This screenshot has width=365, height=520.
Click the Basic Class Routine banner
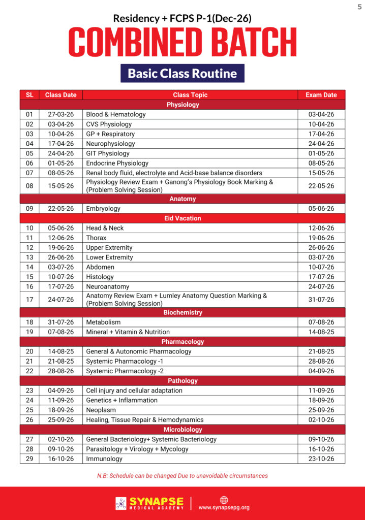(182, 73)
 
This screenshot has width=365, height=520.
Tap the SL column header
(29, 95)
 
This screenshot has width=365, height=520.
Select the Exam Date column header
(321, 95)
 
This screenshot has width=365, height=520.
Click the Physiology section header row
(182, 105)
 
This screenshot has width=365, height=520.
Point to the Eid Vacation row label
(182, 218)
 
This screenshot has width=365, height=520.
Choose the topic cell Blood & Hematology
(116, 114)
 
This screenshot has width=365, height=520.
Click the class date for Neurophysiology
(60, 144)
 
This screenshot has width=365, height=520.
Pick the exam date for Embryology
(321, 209)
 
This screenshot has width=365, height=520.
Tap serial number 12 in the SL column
(29, 248)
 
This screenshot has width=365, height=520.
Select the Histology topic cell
(100, 277)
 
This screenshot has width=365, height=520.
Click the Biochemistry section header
(182, 312)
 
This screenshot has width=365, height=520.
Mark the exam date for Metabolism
(321, 322)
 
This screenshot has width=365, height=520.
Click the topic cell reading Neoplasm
(101, 410)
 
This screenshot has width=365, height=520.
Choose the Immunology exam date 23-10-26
(321, 459)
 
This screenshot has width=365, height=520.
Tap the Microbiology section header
(182, 430)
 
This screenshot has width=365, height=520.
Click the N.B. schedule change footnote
(182, 476)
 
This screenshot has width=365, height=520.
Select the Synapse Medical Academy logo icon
(121, 503)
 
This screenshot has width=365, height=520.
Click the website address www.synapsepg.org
(224, 507)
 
